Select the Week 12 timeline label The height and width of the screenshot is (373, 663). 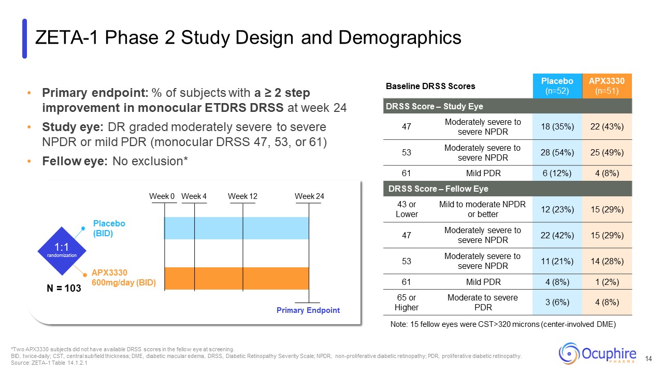[242, 196]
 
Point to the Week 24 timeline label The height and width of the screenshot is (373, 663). [309, 196]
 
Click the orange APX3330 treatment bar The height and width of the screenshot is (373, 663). [236, 278]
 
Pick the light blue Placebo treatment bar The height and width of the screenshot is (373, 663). [236, 228]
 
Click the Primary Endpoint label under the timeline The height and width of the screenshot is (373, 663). [308, 310]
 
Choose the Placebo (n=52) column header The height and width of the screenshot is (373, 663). [557, 86]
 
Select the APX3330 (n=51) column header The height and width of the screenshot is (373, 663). [606, 86]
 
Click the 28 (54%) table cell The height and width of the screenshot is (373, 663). [557, 152]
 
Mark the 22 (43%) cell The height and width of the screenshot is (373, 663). [606, 126]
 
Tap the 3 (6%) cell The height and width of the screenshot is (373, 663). [557, 302]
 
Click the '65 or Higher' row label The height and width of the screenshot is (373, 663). [406, 302]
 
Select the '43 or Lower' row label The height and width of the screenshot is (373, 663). [406, 209]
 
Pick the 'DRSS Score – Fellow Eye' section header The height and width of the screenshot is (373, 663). [438, 189]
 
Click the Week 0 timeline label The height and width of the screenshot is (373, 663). [162, 196]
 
